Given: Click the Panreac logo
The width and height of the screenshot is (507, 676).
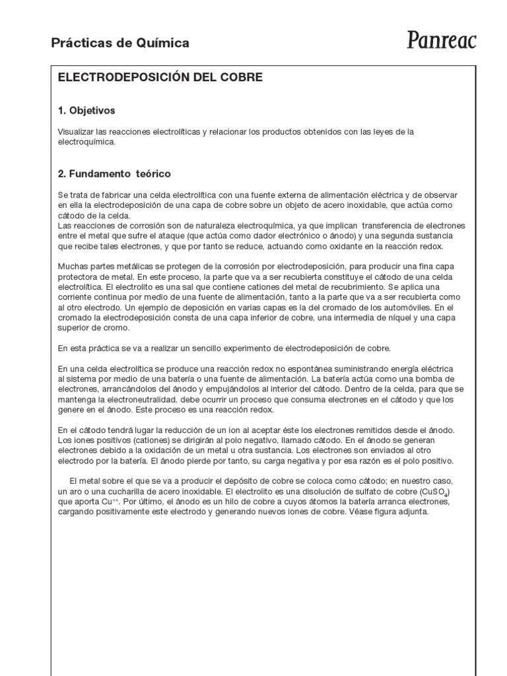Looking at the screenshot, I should (x=441, y=41).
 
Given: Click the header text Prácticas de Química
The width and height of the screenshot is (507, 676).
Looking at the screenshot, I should (x=120, y=43).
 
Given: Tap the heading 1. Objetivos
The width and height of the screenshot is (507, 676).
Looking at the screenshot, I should (x=86, y=110).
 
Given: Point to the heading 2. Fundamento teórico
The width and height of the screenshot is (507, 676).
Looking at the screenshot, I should (x=114, y=174).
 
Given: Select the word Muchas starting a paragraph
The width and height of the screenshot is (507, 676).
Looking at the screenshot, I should (x=73, y=267).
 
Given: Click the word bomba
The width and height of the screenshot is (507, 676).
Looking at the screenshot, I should (x=422, y=378).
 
